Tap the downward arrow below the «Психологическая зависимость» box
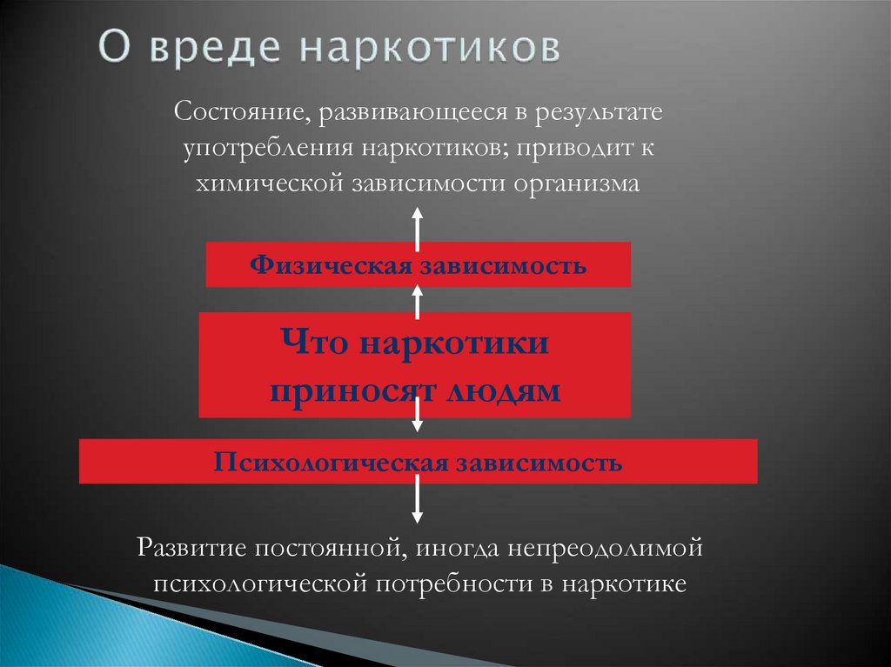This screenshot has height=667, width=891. tap(418, 504)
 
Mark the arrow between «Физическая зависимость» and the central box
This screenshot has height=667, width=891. tap(418, 301)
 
